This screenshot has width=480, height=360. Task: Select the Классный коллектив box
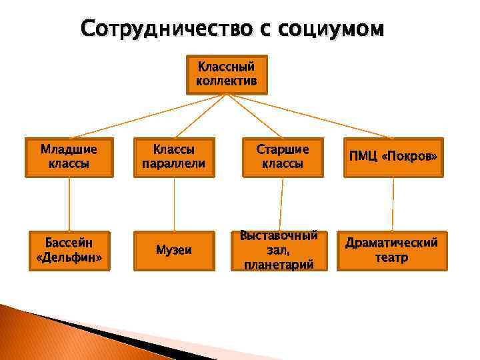click(x=226, y=75)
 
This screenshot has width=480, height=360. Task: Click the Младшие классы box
click(x=69, y=157)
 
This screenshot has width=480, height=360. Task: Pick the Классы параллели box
click(x=174, y=157)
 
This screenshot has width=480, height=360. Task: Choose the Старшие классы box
click(x=281, y=157)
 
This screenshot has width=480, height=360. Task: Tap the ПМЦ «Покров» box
click(x=393, y=157)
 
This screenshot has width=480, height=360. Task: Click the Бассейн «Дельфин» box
click(x=69, y=251)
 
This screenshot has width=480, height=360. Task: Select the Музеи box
click(x=174, y=251)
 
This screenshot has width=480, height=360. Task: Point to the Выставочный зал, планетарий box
click(x=281, y=251)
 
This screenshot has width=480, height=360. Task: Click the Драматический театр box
click(x=393, y=251)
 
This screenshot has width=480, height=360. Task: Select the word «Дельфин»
click(x=69, y=257)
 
